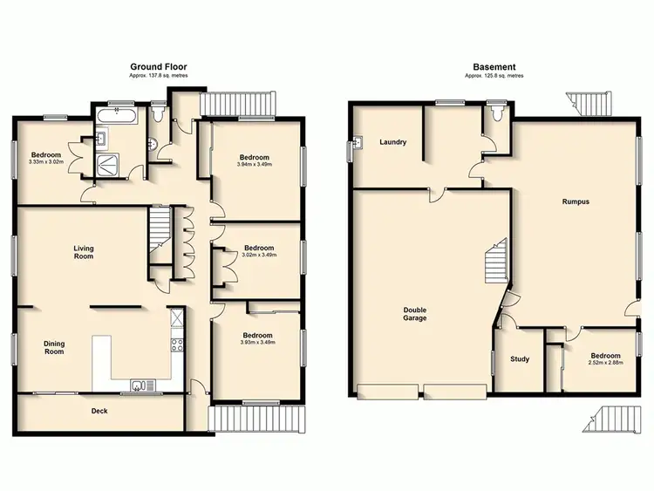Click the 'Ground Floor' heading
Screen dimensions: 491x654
159,66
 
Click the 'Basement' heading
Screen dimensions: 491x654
494,66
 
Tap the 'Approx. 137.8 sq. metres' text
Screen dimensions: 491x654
159,77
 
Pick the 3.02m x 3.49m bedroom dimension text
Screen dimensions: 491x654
259,255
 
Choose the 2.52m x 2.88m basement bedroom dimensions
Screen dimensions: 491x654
604,364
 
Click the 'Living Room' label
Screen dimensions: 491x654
83,253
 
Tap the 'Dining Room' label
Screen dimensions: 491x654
54,347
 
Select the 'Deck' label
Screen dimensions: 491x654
99,411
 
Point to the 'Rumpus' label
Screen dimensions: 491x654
576,201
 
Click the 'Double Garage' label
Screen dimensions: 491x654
414,314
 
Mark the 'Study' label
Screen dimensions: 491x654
520,358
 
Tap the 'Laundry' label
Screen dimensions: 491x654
393,142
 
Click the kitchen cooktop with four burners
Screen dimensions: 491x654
176,343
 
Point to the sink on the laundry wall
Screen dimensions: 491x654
358,144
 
